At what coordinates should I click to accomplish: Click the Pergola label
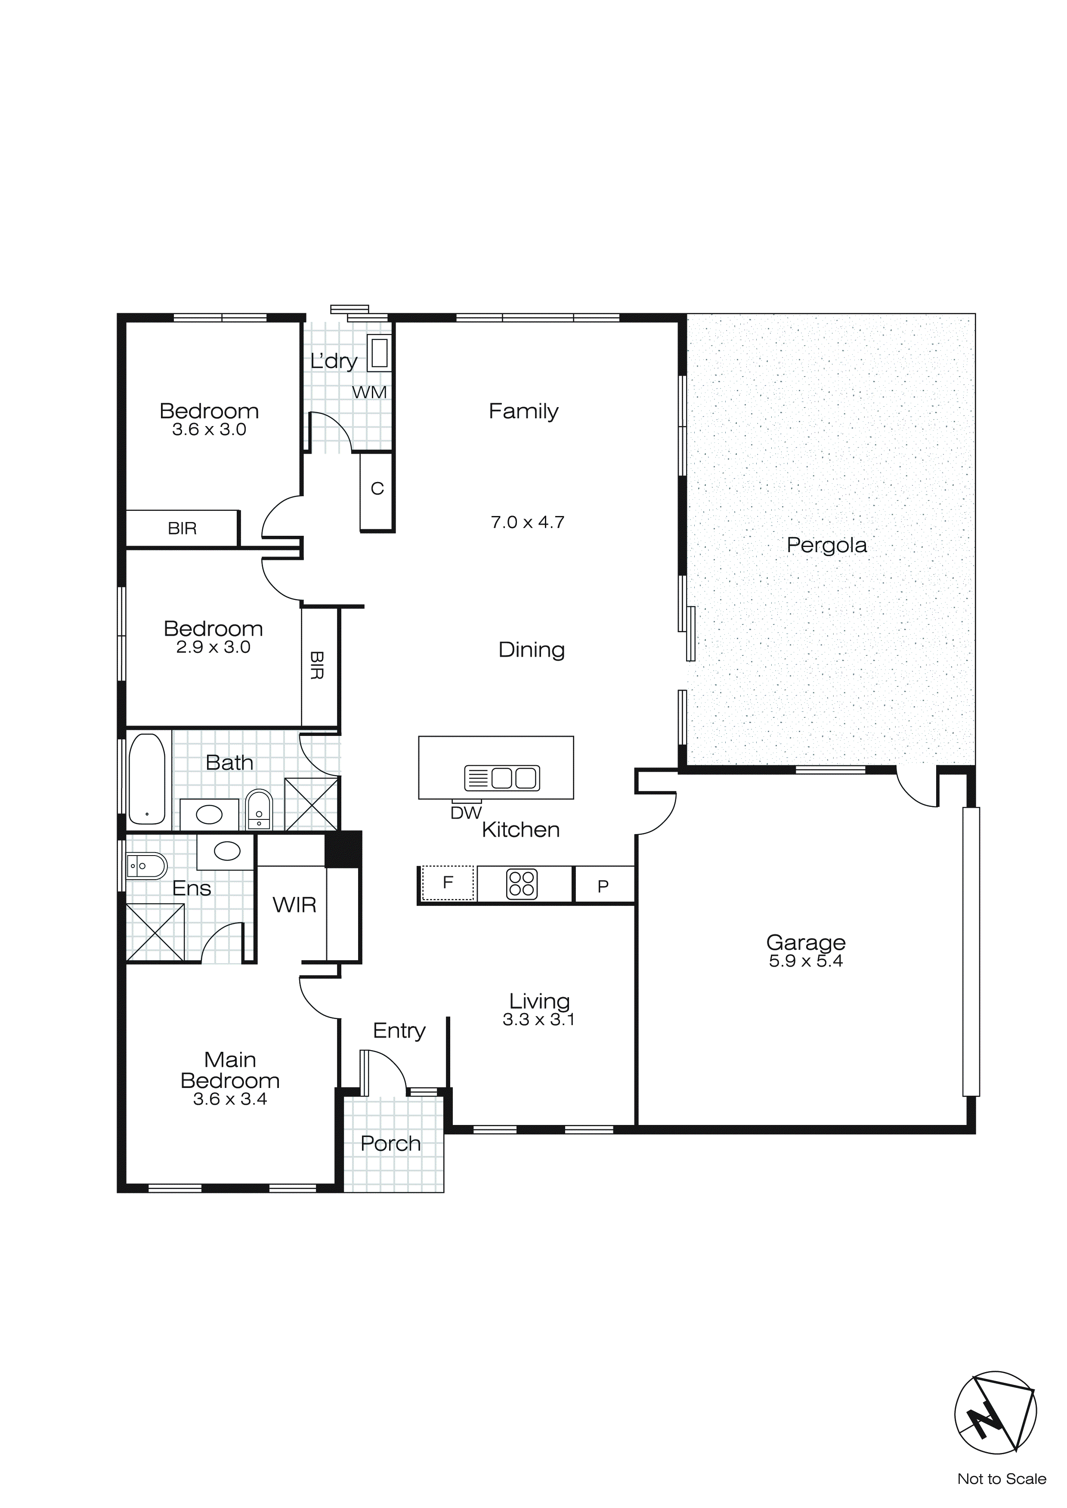pyautogui.click(x=826, y=545)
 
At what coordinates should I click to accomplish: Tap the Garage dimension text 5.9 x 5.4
pyautogui.click(x=805, y=961)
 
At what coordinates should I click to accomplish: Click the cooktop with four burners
pyautogui.click(x=522, y=884)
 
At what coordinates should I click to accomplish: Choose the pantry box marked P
pyautogui.click(x=603, y=886)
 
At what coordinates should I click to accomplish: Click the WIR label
pyautogui.click(x=294, y=905)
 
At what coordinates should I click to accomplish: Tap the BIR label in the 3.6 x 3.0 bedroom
pyautogui.click(x=182, y=528)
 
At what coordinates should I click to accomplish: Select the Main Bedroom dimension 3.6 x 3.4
pyautogui.click(x=230, y=1100)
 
